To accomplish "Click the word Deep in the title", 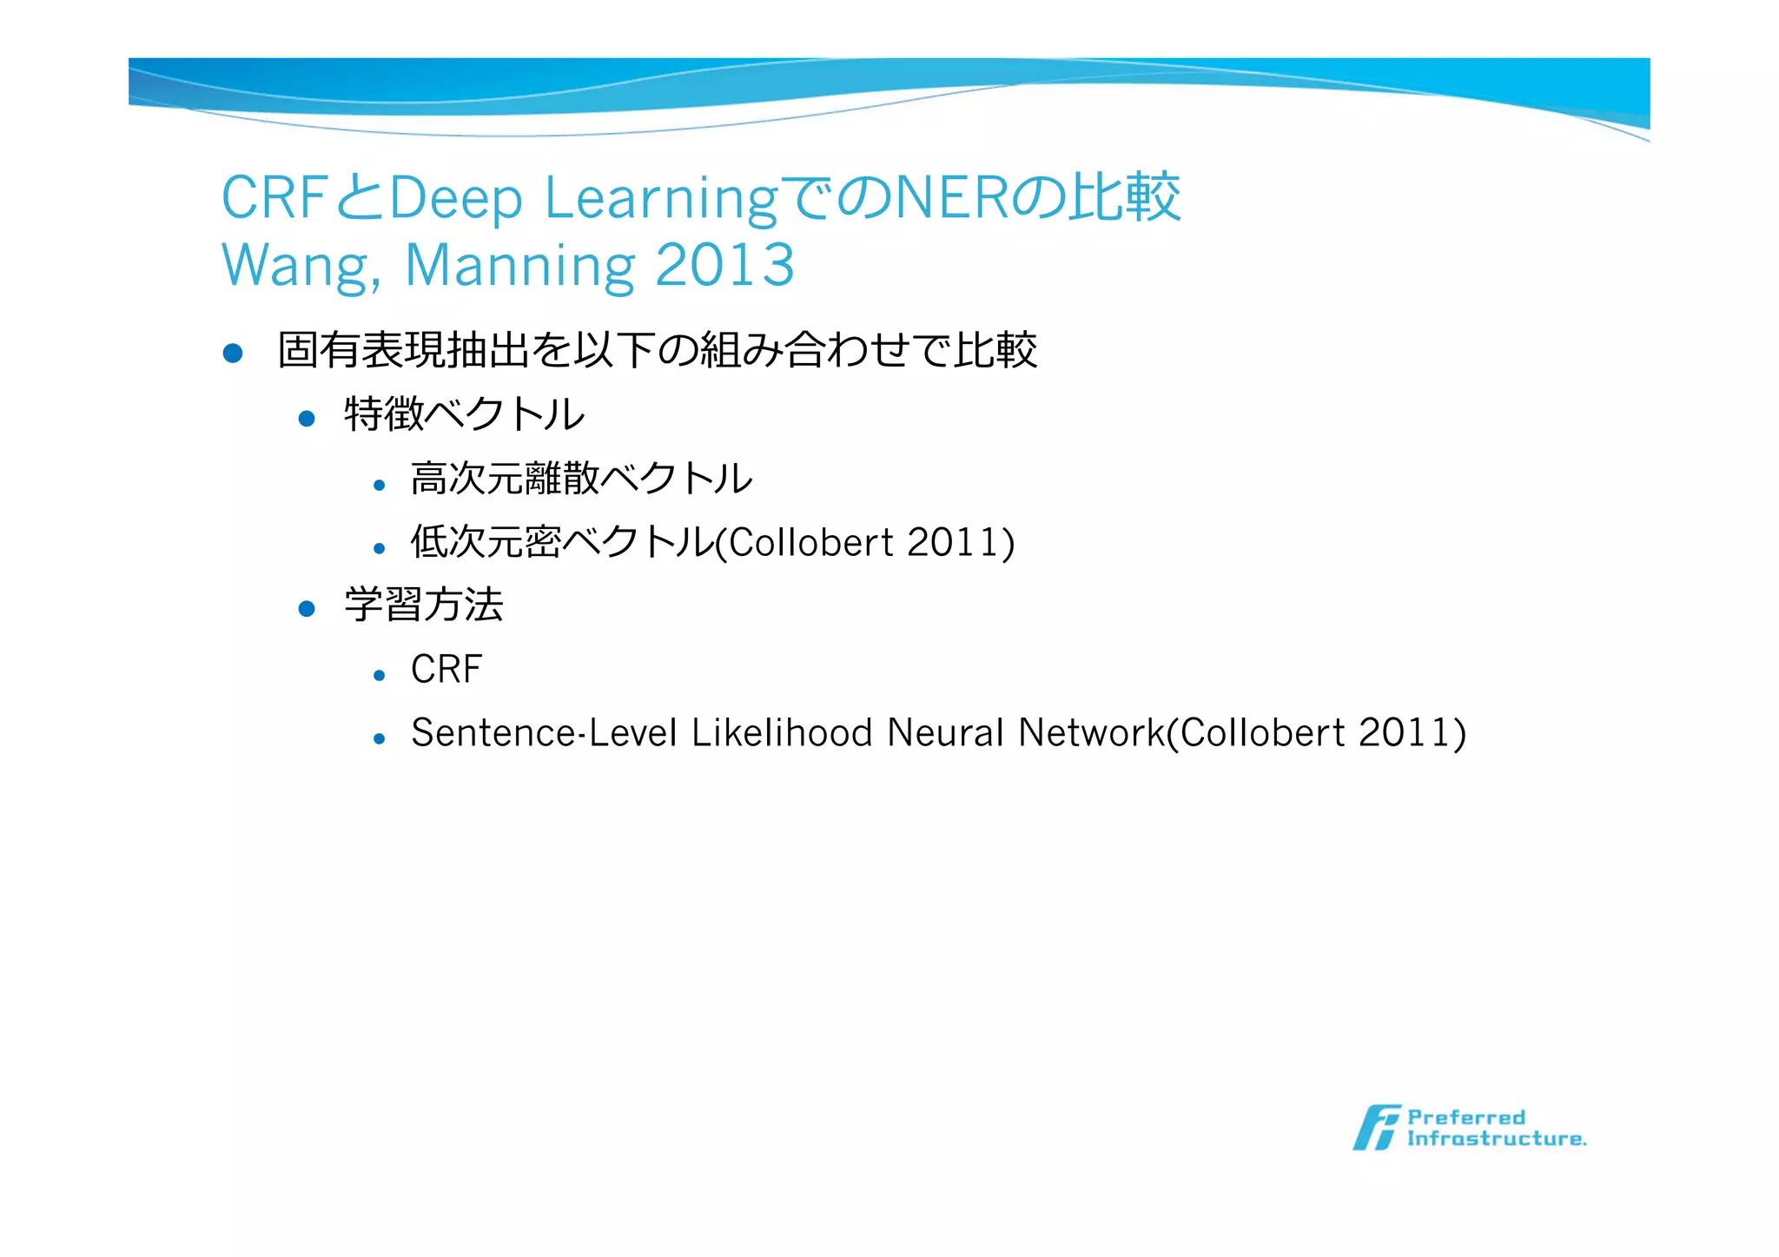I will point(456,199).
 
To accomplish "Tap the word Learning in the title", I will point(661,199).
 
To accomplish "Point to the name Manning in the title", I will point(519,266).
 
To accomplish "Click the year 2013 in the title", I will point(724,266).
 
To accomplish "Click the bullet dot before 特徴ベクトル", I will point(306,419).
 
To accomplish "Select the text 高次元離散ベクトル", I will point(581,479).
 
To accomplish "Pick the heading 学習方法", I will point(424,605).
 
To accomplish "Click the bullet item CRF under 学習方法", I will point(446,670).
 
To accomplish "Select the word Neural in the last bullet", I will point(945,733).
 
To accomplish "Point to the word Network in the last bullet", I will point(1091,733).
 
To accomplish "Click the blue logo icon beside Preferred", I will point(1375,1128).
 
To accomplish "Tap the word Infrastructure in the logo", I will point(1496,1139).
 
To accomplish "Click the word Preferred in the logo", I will point(1466,1117).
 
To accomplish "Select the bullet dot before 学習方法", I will point(306,609).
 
